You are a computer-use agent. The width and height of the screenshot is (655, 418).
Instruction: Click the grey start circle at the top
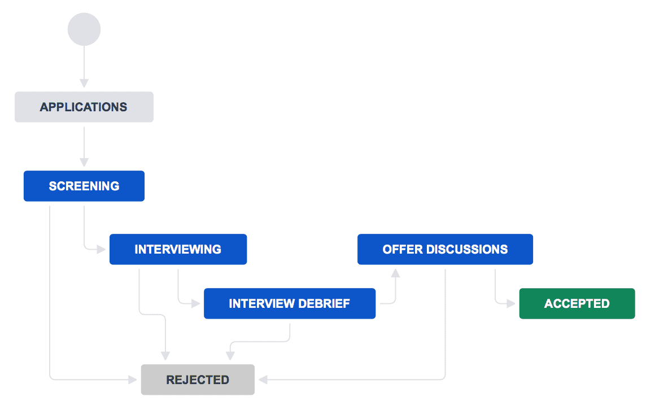coord(84,29)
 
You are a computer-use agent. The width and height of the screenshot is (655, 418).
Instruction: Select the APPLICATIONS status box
coord(84,107)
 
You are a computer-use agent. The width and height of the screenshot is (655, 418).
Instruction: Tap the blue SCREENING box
coord(84,186)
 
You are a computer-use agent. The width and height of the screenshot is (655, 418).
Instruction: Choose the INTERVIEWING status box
coord(178,249)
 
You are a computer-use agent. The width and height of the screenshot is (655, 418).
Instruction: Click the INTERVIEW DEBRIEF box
coord(289,303)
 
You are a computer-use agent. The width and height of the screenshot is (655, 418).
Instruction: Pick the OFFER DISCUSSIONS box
coord(445,249)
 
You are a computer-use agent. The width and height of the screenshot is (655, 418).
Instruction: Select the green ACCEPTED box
coord(577,303)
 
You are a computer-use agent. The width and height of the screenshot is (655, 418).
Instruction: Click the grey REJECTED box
coord(198,380)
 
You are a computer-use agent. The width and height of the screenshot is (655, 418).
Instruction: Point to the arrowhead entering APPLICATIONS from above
coord(84,83)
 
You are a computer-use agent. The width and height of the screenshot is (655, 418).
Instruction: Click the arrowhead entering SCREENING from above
coord(84,162)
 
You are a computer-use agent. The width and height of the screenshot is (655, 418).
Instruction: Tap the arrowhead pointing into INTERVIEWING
coord(102,249)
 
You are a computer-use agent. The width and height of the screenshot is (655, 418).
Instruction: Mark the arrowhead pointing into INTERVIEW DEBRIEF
coord(196,303)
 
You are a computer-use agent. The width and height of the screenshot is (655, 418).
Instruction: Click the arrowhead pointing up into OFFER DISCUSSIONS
coord(395,273)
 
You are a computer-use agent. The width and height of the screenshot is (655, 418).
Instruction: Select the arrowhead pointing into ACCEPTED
coord(511,303)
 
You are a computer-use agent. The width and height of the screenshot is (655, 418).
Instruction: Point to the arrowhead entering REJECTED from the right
coord(263,380)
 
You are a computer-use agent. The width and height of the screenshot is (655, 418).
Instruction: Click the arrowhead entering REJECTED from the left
coord(133,380)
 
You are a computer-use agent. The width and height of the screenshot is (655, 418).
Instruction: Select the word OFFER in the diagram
coord(400,249)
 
